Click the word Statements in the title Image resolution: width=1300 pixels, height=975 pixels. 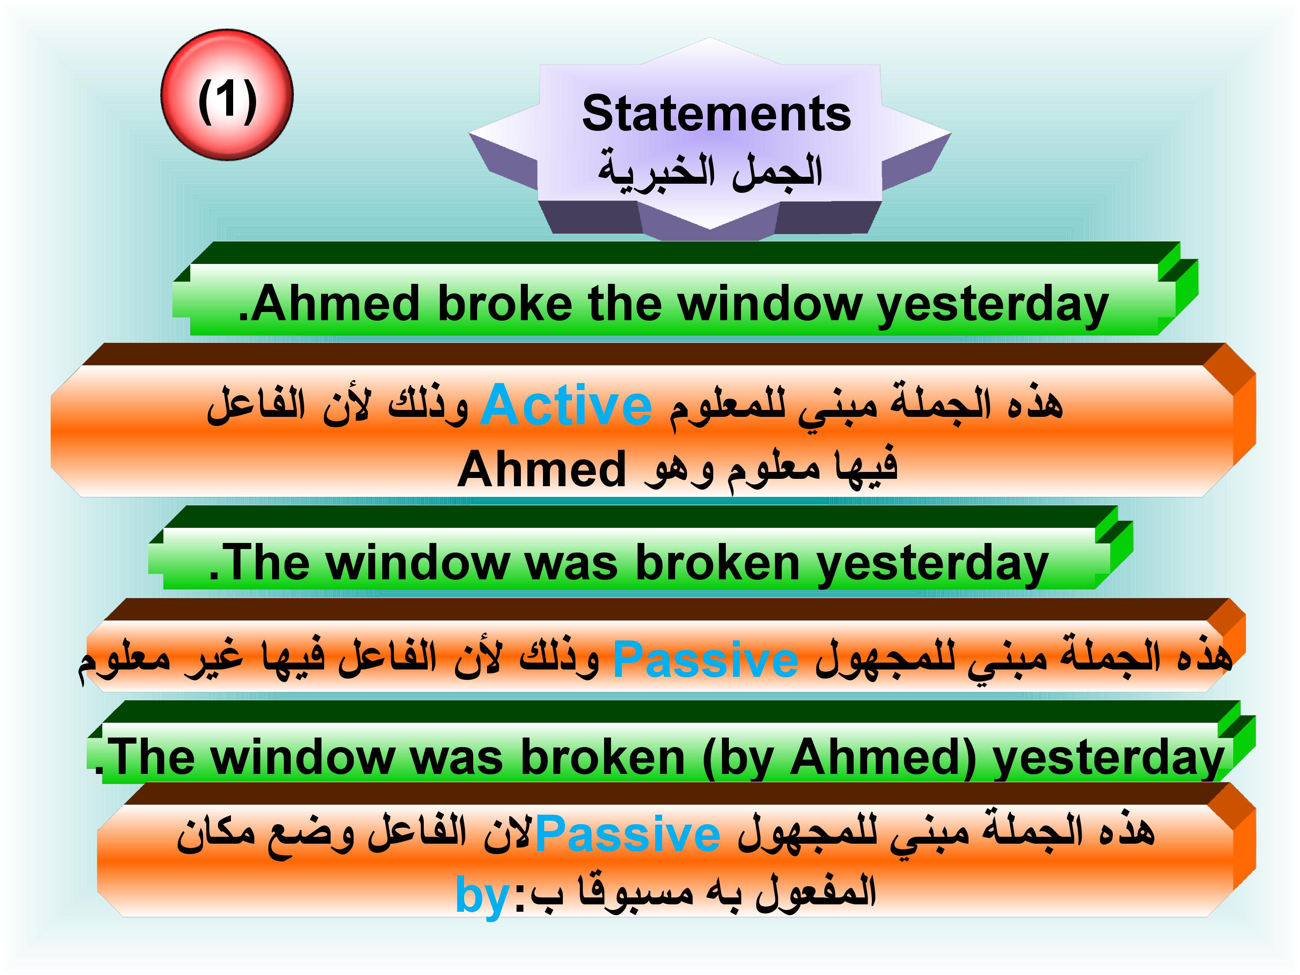[716, 114]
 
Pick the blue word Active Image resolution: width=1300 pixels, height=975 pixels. [566, 406]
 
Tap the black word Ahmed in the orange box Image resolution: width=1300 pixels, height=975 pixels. [541, 469]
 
